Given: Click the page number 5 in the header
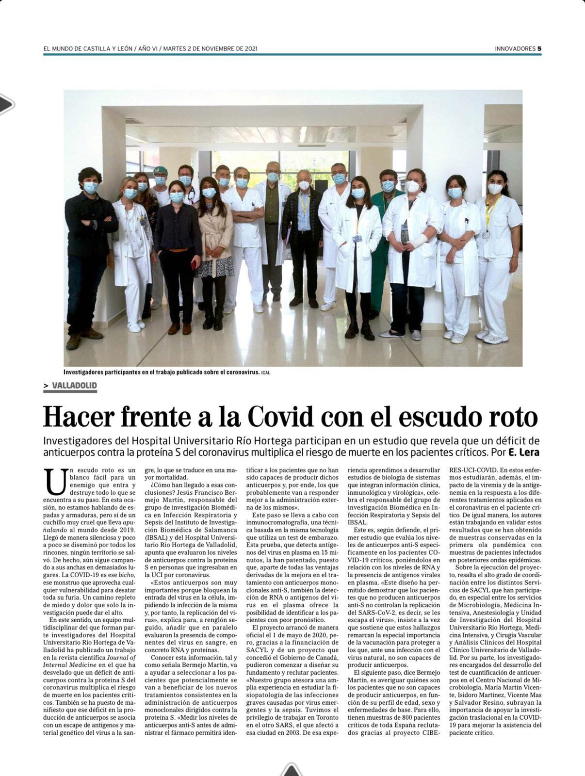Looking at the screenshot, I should [539, 48].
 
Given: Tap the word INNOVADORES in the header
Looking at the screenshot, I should [515, 48].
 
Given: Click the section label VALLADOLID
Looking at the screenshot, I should [74, 386].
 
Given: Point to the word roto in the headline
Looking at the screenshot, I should [514, 416].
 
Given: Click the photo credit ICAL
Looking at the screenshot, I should [265, 373].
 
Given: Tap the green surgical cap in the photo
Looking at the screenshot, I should [161, 170].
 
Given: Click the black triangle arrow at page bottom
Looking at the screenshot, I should [291, 769].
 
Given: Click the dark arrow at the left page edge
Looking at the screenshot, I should [6, 104].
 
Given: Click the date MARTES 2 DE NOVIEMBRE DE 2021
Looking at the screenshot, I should [211, 48].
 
